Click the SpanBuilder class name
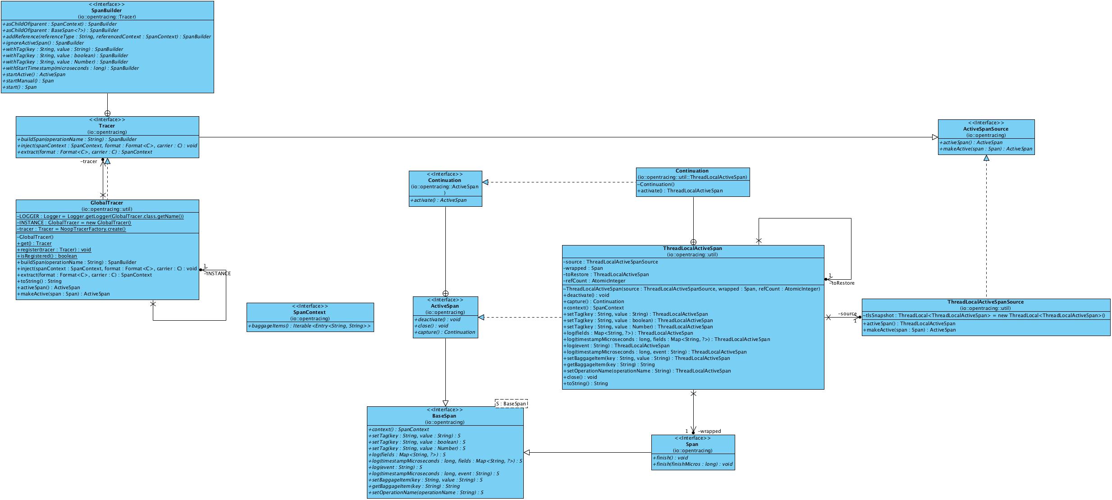[107, 10]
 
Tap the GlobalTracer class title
[107, 203]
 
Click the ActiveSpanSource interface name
[986, 129]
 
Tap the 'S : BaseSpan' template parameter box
[511, 404]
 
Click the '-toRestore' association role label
[842, 283]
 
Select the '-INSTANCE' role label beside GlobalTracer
[218, 273]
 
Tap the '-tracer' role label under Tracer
[89, 161]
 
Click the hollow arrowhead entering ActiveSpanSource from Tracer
[935, 137]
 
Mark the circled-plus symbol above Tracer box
[107, 114]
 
